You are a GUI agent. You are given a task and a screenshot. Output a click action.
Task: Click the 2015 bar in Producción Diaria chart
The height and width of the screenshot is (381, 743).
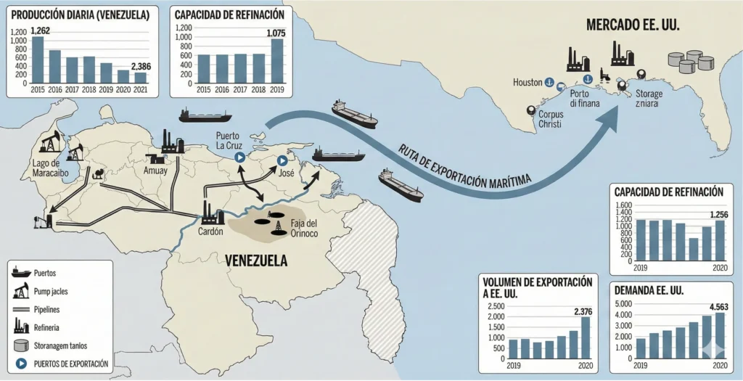pos(38,60)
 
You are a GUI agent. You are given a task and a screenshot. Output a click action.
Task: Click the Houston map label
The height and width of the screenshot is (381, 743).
pos(528,82)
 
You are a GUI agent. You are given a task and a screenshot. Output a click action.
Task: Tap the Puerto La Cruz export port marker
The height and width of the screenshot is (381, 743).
pos(238,157)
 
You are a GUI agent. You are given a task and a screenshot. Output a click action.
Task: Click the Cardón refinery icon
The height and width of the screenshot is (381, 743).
pos(212,213)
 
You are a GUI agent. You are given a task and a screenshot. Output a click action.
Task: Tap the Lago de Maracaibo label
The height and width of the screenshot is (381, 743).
pos(51,168)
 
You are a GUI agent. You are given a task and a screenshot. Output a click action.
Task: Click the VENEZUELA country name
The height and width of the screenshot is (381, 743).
pos(255,261)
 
